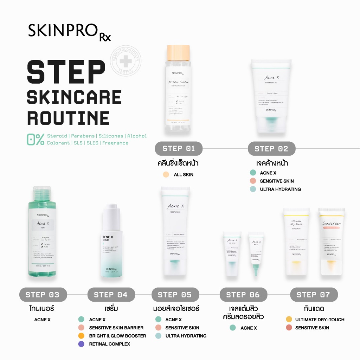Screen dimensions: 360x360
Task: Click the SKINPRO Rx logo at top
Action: [x=70, y=31]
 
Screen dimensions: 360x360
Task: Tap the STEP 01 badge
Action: [x=179, y=149]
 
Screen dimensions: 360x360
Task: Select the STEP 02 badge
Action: [x=271, y=149]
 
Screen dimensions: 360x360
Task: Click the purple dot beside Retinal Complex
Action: [x=81, y=344]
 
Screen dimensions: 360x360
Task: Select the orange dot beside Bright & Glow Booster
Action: [x=81, y=336]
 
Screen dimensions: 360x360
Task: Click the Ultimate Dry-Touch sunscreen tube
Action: [x=296, y=243]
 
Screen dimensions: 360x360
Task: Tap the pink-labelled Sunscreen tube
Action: [x=332, y=243]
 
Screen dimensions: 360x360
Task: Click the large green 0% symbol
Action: [x=36, y=139]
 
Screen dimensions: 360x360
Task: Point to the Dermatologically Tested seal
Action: [x=125, y=61]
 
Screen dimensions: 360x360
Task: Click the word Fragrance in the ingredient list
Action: [x=115, y=143]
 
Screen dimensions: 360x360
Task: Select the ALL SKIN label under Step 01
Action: [x=184, y=175]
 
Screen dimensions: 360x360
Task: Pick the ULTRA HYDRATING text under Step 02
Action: [x=280, y=189]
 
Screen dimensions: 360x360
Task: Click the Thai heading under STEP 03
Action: [x=42, y=309]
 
